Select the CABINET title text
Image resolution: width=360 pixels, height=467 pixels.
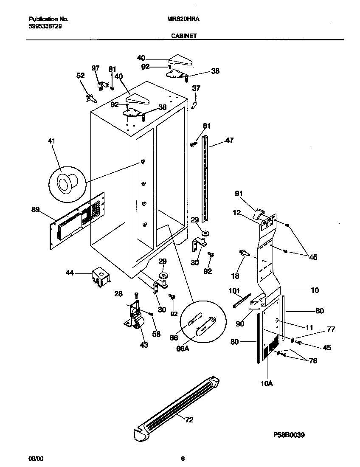(x=183, y=37)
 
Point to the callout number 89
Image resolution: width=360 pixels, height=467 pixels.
(x=35, y=209)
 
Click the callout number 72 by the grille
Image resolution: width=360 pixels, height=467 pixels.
(x=189, y=420)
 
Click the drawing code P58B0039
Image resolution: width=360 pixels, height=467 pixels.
(x=289, y=435)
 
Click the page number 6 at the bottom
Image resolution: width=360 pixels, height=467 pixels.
(x=183, y=459)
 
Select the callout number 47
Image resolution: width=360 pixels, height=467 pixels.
(x=229, y=140)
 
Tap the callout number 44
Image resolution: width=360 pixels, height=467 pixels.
(x=70, y=274)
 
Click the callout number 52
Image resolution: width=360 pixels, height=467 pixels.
(x=80, y=76)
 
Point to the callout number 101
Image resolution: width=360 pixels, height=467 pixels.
(x=234, y=291)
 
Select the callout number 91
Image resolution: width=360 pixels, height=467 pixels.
(x=239, y=194)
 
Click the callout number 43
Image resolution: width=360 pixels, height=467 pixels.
(x=144, y=345)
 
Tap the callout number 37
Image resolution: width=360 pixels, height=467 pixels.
(x=196, y=88)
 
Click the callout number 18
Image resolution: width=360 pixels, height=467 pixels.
(x=234, y=276)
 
